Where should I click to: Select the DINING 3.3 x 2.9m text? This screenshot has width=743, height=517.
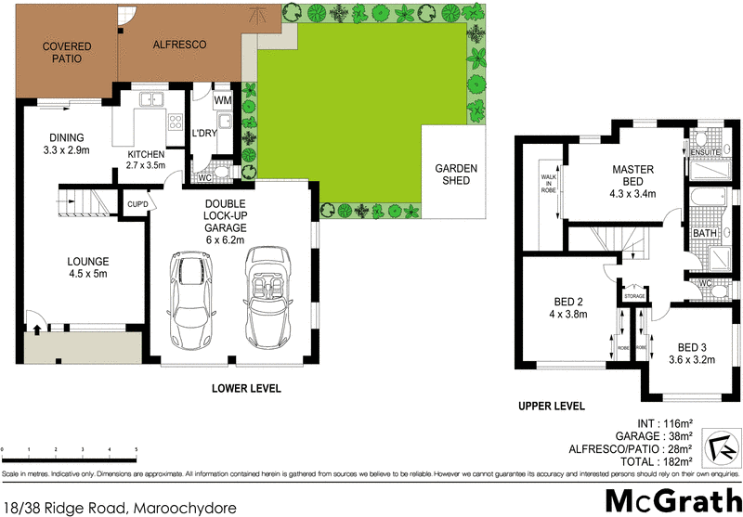coord(66,142)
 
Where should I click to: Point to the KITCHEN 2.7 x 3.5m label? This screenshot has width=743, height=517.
coord(146,160)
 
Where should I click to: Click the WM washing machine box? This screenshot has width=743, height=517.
coord(223,99)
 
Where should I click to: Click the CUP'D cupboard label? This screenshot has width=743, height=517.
coord(137,202)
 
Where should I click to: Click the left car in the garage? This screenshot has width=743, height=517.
coord(192,299)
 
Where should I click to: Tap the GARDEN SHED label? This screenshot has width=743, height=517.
coord(456,174)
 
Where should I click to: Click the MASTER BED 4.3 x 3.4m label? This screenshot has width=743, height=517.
coord(634,181)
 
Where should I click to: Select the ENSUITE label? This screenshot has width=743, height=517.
coord(705,152)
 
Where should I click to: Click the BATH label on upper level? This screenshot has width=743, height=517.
coord(704,232)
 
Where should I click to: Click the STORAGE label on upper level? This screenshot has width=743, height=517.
coord(634,296)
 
